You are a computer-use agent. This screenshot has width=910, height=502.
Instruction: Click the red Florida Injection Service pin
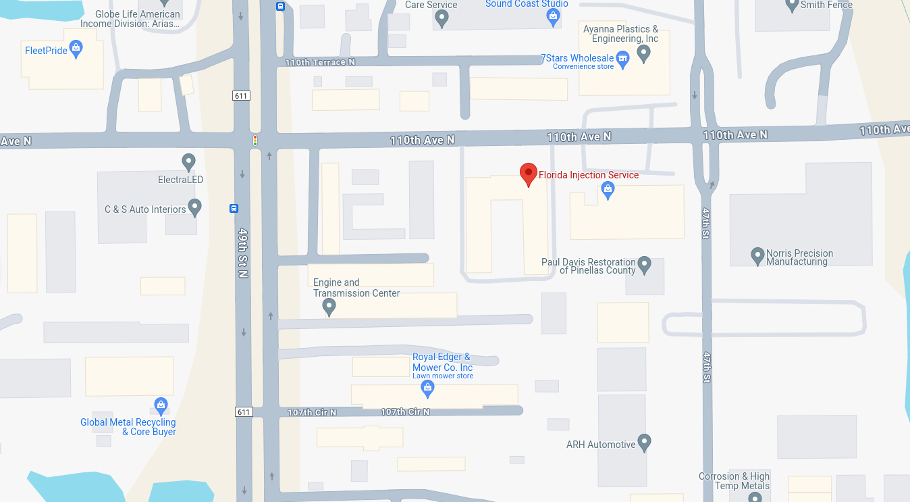coord(528,174)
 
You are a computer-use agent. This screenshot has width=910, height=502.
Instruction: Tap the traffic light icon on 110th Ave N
coord(255,141)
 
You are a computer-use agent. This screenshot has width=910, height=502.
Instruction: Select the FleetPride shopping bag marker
coord(76,49)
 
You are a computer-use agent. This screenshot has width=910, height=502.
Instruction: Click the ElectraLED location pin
coord(189,162)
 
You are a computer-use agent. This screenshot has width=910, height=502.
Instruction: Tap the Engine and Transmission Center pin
coord(329,307)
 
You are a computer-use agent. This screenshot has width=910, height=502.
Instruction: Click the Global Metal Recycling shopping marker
coord(161,405)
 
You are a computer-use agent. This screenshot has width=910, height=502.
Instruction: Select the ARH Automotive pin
coord(644,443)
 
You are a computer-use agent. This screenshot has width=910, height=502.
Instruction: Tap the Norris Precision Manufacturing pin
coord(757,255)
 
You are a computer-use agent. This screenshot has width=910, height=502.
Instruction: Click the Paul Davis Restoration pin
coord(644,264)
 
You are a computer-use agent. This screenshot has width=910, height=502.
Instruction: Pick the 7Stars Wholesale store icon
coord(623,58)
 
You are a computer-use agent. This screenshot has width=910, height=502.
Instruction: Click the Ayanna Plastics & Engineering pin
coord(643,53)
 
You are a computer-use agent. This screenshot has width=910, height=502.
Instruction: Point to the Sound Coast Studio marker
coord(554,17)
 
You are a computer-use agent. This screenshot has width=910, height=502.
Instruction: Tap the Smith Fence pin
coord(793,5)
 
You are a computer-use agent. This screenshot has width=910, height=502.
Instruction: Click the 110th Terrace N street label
coord(320,62)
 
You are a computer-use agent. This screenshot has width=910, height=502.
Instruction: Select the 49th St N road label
coord(243,251)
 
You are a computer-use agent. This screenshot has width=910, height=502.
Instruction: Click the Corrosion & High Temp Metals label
coord(734,481)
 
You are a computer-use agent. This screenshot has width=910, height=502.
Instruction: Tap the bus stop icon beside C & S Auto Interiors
coord(234,208)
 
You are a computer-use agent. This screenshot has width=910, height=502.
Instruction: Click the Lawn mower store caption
coord(443,376)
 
